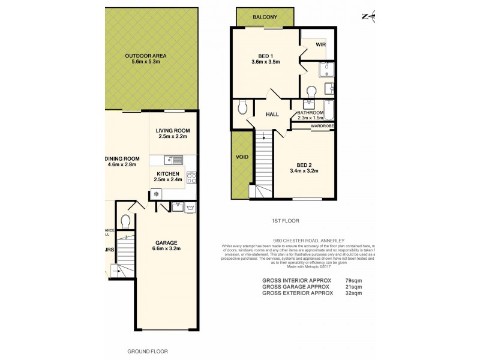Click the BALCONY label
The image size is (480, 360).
(x=265, y=17)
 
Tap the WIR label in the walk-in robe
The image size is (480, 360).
(x=321, y=43)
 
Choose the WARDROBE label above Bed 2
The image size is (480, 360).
(x=322, y=126)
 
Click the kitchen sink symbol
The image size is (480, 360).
(x=174, y=160)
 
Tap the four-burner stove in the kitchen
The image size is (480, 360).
(x=193, y=177)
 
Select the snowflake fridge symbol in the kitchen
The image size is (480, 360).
(x=156, y=194)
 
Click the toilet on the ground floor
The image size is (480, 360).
(x=125, y=221)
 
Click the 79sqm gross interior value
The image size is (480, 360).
(x=355, y=280)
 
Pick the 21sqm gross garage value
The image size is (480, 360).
(x=355, y=287)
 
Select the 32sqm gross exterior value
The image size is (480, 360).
(x=355, y=293)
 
